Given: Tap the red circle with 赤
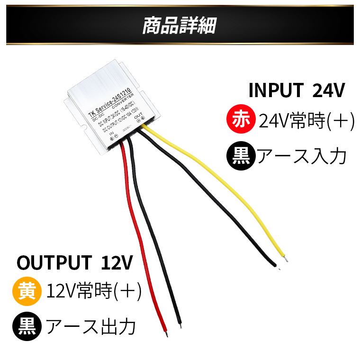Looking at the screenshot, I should (241, 121).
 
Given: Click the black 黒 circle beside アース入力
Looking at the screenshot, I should (241, 157).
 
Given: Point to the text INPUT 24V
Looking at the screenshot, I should (297, 90).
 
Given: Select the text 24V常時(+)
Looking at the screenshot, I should (307, 121).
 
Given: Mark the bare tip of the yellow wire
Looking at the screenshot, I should (286, 258).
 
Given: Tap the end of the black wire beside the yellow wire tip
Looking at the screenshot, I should (276, 265).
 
